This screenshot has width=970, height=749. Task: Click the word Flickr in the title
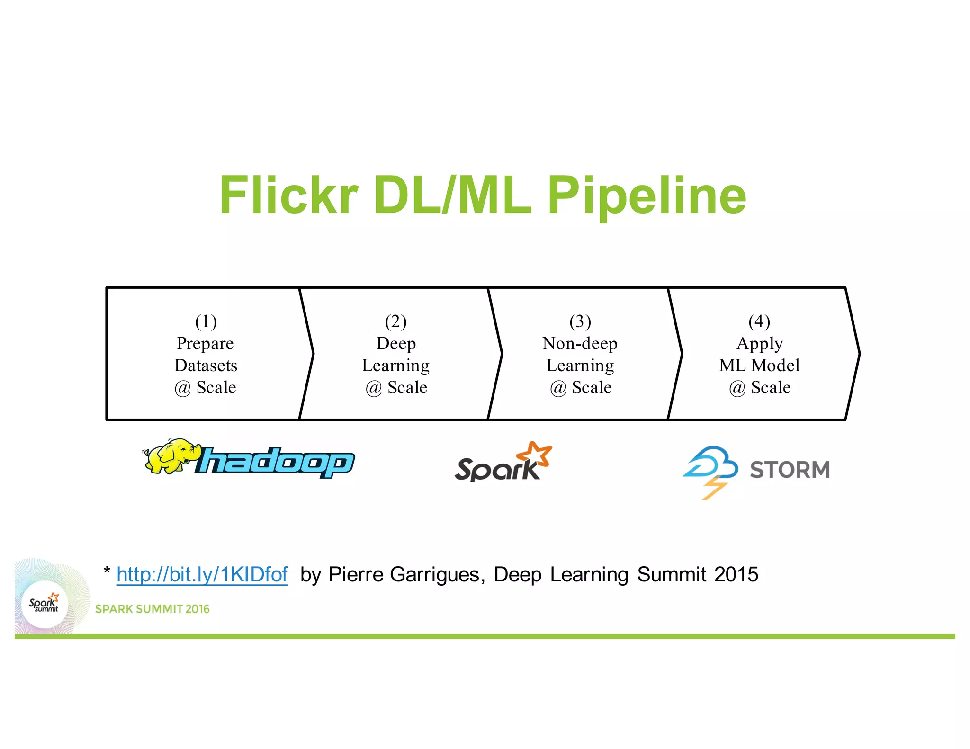[289, 195]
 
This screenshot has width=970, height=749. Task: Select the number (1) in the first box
[206, 321]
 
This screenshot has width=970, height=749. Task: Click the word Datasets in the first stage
[206, 366]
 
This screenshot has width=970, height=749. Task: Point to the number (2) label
[396, 321]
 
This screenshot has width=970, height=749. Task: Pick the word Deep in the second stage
[396, 343]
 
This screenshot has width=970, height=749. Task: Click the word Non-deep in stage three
[580, 343]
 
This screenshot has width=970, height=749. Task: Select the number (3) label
[580, 321]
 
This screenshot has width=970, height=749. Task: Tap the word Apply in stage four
[759, 343]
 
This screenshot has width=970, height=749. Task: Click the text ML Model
[759, 366]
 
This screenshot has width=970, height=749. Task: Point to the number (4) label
[759, 321]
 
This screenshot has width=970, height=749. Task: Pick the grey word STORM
[790, 470]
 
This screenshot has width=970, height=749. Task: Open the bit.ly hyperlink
[202, 574]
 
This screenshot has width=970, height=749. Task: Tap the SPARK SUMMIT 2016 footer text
[152, 609]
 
